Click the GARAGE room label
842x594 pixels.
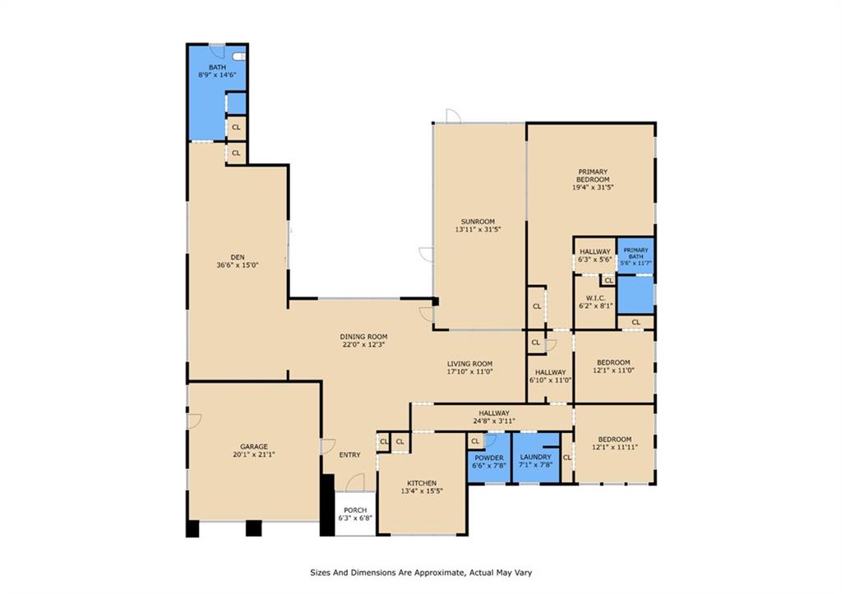(x=254, y=446)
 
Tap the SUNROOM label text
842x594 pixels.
(x=478, y=222)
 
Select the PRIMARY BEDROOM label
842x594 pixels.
(x=593, y=176)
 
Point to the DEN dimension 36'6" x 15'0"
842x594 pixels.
(x=238, y=265)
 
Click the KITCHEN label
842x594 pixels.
(x=422, y=483)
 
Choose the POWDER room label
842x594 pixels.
(x=489, y=458)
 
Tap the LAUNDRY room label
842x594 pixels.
(x=535, y=457)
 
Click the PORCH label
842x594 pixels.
(x=355, y=510)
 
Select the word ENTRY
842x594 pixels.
(x=349, y=455)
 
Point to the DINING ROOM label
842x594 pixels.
(x=363, y=337)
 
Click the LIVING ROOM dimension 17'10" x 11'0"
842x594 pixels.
(x=470, y=371)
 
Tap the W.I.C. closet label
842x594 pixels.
(x=595, y=298)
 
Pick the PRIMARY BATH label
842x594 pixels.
(x=636, y=253)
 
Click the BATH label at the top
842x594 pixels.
(x=217, y=67)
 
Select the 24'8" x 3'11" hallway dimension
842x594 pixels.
(x=494, y=421)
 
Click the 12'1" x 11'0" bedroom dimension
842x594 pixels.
(x=613, y=371)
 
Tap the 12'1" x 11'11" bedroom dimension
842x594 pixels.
(x=615, y=447)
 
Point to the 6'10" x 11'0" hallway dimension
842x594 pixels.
(x=550, y=380)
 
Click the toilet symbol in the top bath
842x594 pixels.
(x=239, y=56)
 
